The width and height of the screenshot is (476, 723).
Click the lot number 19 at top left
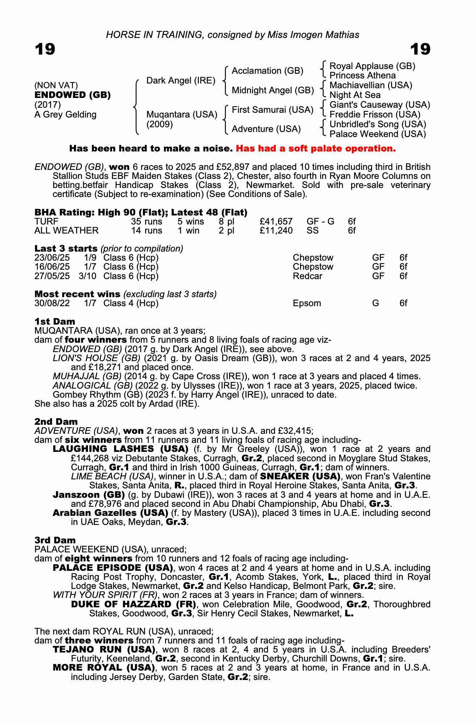pyautogui.click(x=45, y=49)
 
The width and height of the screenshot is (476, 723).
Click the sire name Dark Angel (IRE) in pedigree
pyautogui.click(x=181, y=80)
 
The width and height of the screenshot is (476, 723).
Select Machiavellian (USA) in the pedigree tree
pyautogui.click(x=371, y=85)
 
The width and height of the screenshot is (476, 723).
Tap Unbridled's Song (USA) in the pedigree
pyautogui.click(x=378, y=124)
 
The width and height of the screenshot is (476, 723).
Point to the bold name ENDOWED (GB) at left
pyautogui.click(x=72, y=95)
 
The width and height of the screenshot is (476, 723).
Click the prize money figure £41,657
pyautogui.click(x=276, y=221)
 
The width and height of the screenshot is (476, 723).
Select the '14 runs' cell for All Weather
pyautogui.click(x=146, y=230)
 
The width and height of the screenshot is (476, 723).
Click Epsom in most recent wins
pyautogui.click(x=307, y=303)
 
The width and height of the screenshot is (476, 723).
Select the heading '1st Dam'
pyautogui.click(x=55, y=321)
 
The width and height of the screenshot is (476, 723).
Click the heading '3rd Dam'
pyautogui.click(x=55, y=540)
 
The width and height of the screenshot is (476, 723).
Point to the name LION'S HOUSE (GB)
pyautogui.click(x=96, y=358)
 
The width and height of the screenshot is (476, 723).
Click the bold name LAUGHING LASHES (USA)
pyautogui.click(x=121, y=449)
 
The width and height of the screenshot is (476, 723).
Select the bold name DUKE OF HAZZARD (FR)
pyautogui.click(x=134, y=604)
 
